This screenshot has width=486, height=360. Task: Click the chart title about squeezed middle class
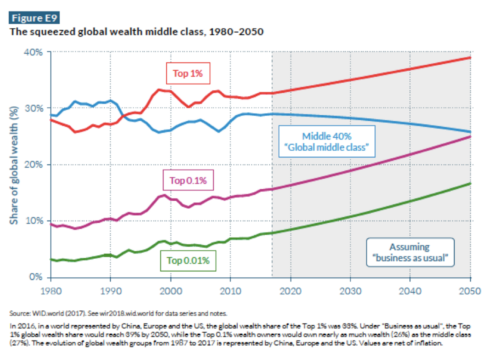[137, 32]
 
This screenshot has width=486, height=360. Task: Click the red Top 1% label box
[188, 73]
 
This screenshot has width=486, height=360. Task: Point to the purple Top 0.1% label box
[188, 181]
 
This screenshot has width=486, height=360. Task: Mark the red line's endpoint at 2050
[470, 58]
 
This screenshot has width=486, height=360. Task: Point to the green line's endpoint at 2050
[470, 184]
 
